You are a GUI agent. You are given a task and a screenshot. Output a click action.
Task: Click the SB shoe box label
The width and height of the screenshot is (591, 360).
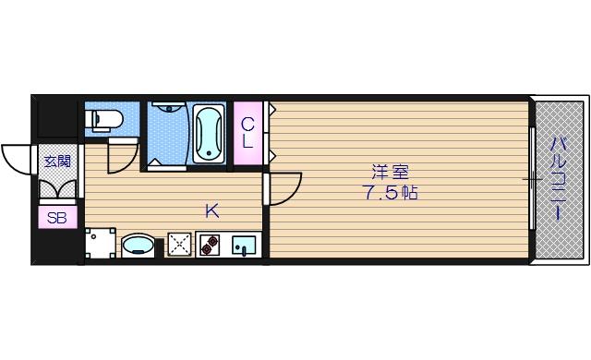[56, 220]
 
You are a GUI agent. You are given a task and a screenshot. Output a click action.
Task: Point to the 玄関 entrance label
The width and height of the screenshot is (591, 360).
[56, 161]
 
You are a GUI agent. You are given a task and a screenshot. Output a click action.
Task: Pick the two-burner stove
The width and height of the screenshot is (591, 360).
[208, 245]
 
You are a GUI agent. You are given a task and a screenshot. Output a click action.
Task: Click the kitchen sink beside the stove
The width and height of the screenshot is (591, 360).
[243, 245]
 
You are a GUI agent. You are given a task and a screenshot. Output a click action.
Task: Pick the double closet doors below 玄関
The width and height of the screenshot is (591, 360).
[56, 189]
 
